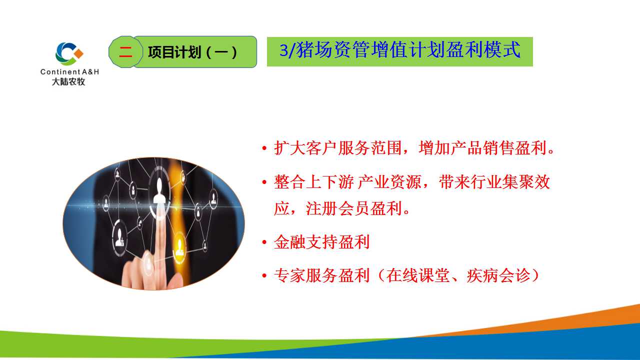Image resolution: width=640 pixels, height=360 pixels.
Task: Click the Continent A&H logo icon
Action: [x=69, y=53]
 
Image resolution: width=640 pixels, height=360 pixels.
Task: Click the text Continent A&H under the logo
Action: [x=69, y=71]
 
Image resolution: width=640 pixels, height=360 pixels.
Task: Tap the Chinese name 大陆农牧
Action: [x=68, y=81]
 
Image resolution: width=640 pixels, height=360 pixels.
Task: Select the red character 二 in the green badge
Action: [x=125, y=52]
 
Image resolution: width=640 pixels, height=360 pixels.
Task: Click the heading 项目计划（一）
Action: [x=192, y=52]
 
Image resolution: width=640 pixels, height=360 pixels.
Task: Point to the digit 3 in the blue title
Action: [x=283, y=50]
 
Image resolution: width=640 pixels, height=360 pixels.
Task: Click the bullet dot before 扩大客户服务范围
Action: [x=264, y=148]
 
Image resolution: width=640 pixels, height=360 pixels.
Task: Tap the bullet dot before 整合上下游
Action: [x=264, y=182]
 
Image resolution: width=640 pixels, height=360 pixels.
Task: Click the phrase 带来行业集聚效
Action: [x=494, y=181]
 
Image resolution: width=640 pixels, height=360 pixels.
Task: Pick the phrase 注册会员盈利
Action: [x=354, y=208]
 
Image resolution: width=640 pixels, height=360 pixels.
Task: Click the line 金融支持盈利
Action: [x=321, y=242]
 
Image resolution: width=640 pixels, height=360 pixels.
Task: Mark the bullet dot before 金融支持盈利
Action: [x=264, y=242]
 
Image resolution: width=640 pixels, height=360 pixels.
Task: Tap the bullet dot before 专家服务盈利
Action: [x=264, y=275]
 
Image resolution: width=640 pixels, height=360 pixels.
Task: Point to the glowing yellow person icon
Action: [x=179, y=246]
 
